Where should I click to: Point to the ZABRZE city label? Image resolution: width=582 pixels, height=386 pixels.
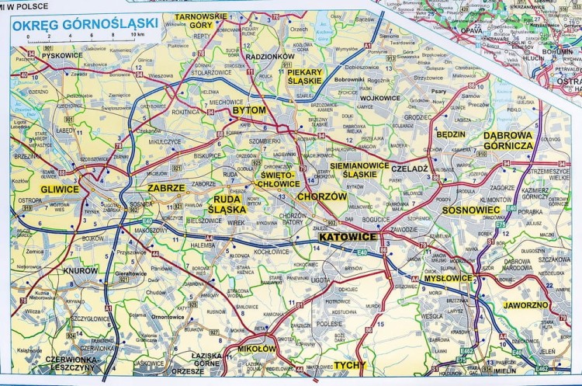168,188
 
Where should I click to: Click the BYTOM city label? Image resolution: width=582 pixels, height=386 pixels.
249,111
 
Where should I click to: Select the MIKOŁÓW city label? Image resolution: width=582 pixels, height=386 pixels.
257,349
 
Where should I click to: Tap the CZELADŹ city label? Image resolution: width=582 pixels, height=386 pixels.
410,168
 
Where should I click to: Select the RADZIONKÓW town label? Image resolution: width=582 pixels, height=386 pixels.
269,57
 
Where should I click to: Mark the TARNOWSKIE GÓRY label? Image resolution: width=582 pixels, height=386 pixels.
199,20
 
